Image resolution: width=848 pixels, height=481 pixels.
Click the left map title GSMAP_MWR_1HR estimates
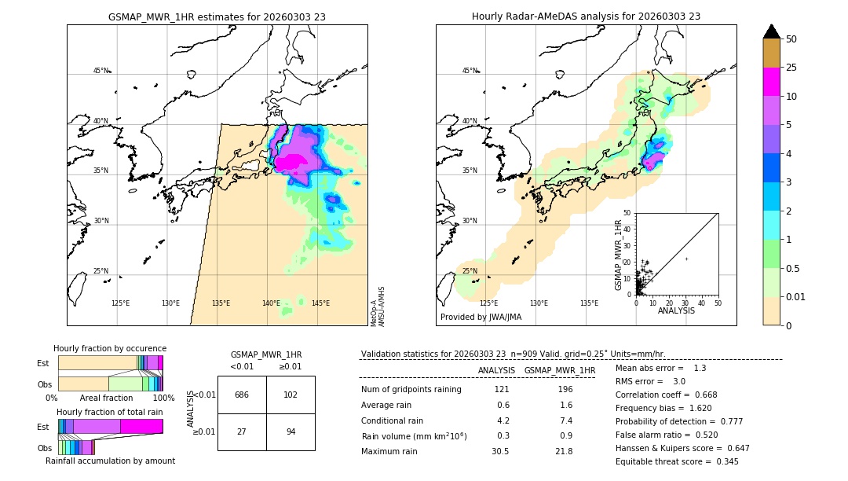pos(217,17)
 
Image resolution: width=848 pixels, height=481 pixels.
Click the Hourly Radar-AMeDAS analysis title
pos(586,17)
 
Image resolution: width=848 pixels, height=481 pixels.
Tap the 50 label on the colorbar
pos(791,39)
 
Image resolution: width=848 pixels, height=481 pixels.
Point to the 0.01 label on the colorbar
pos(796,296)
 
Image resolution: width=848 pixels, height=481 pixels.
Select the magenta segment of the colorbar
pos(772,82)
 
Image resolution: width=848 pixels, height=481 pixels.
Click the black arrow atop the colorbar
pos(772,31)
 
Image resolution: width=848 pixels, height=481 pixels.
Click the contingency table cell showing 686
pos(242,395)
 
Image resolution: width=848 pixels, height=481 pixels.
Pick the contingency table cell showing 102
pos(291,395)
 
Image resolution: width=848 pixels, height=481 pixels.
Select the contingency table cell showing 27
pos(242,431)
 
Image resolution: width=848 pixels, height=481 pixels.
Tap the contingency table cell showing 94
pos(291,431)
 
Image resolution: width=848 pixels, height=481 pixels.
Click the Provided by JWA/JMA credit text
pos(481,318)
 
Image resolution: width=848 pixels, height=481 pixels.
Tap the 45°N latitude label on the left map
pos(101,71)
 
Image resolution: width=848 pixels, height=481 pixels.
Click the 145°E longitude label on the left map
pos(320,303)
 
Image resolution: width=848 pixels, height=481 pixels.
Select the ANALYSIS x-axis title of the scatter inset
pos(676,311)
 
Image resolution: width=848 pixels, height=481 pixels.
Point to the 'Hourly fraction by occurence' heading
pos(110,348)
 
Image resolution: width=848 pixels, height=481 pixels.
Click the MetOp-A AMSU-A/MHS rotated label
pos(377,307)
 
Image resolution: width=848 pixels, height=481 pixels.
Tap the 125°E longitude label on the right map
pos(488,303)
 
